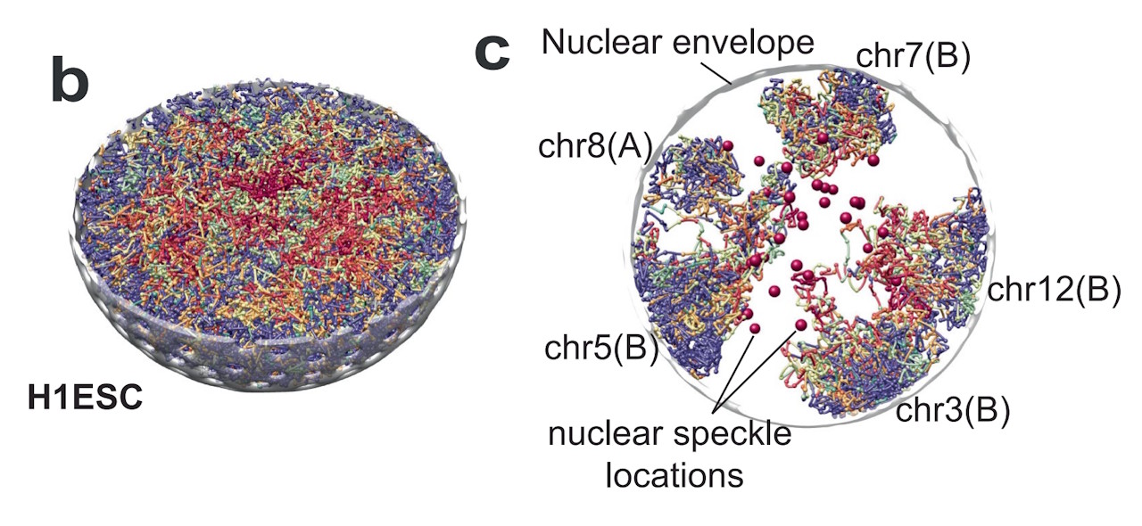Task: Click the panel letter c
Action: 492,53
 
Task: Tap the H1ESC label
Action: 85,399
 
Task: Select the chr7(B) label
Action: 913,56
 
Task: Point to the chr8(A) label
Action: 595,147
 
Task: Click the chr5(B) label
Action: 601,349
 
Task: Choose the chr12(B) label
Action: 1054,291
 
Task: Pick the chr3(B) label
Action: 952,411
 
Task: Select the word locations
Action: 674,476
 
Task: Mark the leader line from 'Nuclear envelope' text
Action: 716,72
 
